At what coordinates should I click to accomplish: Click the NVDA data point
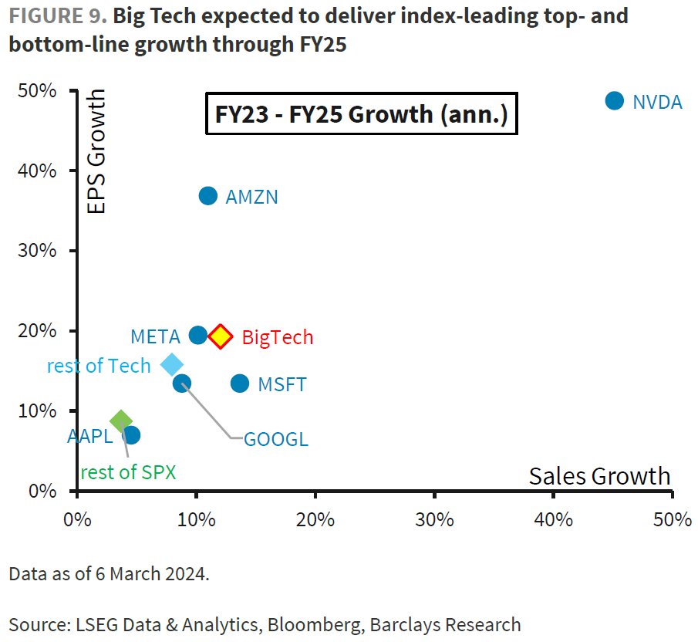(614, 100)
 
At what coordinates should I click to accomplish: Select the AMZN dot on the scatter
(208, 196)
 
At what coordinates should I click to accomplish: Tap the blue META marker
(198, 335)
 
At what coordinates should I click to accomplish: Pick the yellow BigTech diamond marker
(221, 336)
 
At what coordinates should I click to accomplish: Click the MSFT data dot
(240, 383)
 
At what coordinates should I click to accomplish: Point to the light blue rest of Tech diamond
(172, 364)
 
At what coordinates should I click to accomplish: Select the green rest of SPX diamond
(120, 421)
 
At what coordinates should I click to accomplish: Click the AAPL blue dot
(132, 434)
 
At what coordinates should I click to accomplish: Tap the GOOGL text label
(276, 440)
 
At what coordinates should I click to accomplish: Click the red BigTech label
(278, 337)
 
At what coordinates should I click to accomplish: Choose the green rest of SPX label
(129, 472)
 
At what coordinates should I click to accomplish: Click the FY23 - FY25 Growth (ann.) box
(361, 114)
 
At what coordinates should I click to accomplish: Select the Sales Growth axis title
(599, 475)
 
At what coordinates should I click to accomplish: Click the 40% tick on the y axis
(38, 171)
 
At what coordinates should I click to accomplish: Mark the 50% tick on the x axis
(673, 519)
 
